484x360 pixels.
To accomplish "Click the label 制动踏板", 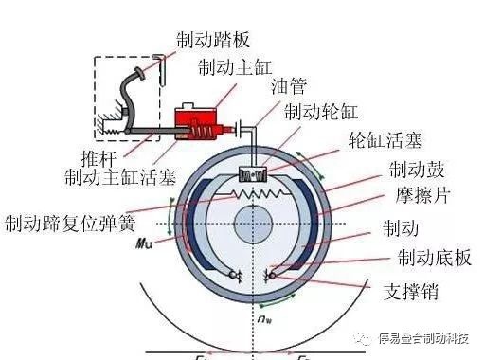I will pos(212,40).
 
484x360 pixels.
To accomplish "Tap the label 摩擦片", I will pos(416,199).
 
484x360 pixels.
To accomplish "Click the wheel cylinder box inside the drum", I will pos(255,174).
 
